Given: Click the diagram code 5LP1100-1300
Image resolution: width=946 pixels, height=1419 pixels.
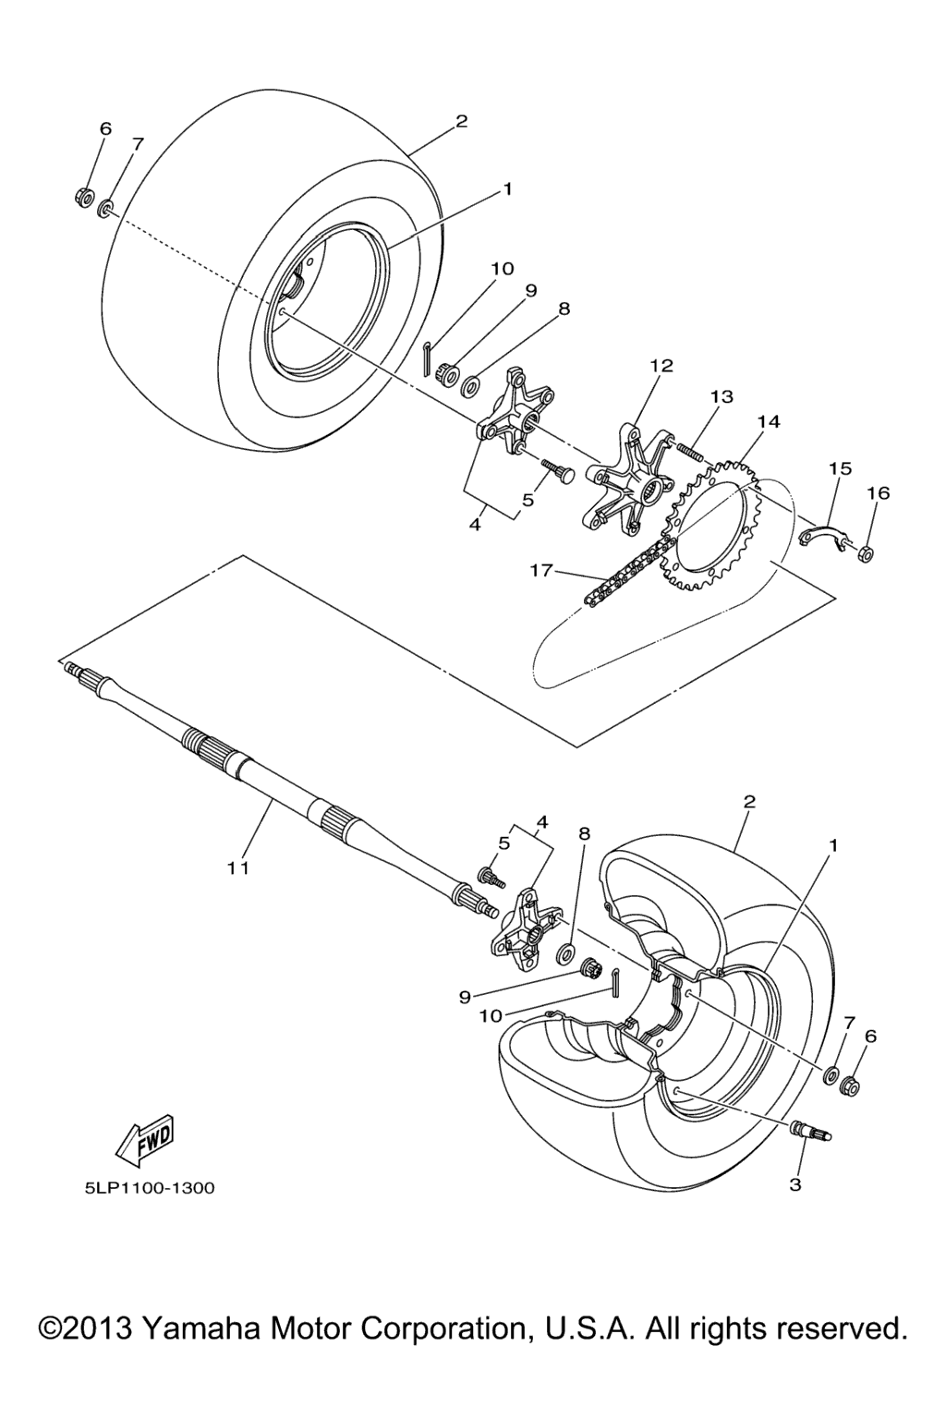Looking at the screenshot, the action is point(149,1187).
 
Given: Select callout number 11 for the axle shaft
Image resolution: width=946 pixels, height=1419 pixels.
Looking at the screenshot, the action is point(239,867).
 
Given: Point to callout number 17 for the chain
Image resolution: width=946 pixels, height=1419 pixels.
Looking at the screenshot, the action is point(541,570).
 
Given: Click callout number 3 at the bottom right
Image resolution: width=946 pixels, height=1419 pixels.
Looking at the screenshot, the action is point(795,1184).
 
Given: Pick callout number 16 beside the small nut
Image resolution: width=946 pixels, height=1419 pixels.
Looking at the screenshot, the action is point(878,492).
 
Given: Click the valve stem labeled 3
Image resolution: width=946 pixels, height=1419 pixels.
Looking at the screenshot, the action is point(811,1131).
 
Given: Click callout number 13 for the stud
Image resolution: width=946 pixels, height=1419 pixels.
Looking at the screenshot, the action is point(722,396).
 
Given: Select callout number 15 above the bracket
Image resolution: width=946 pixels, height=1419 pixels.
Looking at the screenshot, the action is point(840,468).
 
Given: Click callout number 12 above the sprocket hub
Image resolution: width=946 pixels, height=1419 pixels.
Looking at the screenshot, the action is point(661,366).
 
